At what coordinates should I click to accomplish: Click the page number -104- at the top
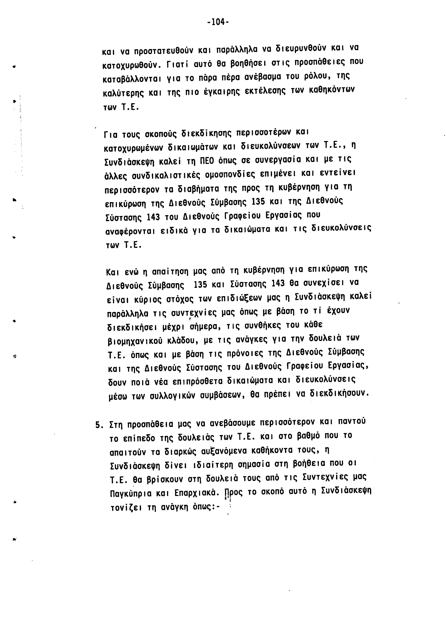tap(218, 22)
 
